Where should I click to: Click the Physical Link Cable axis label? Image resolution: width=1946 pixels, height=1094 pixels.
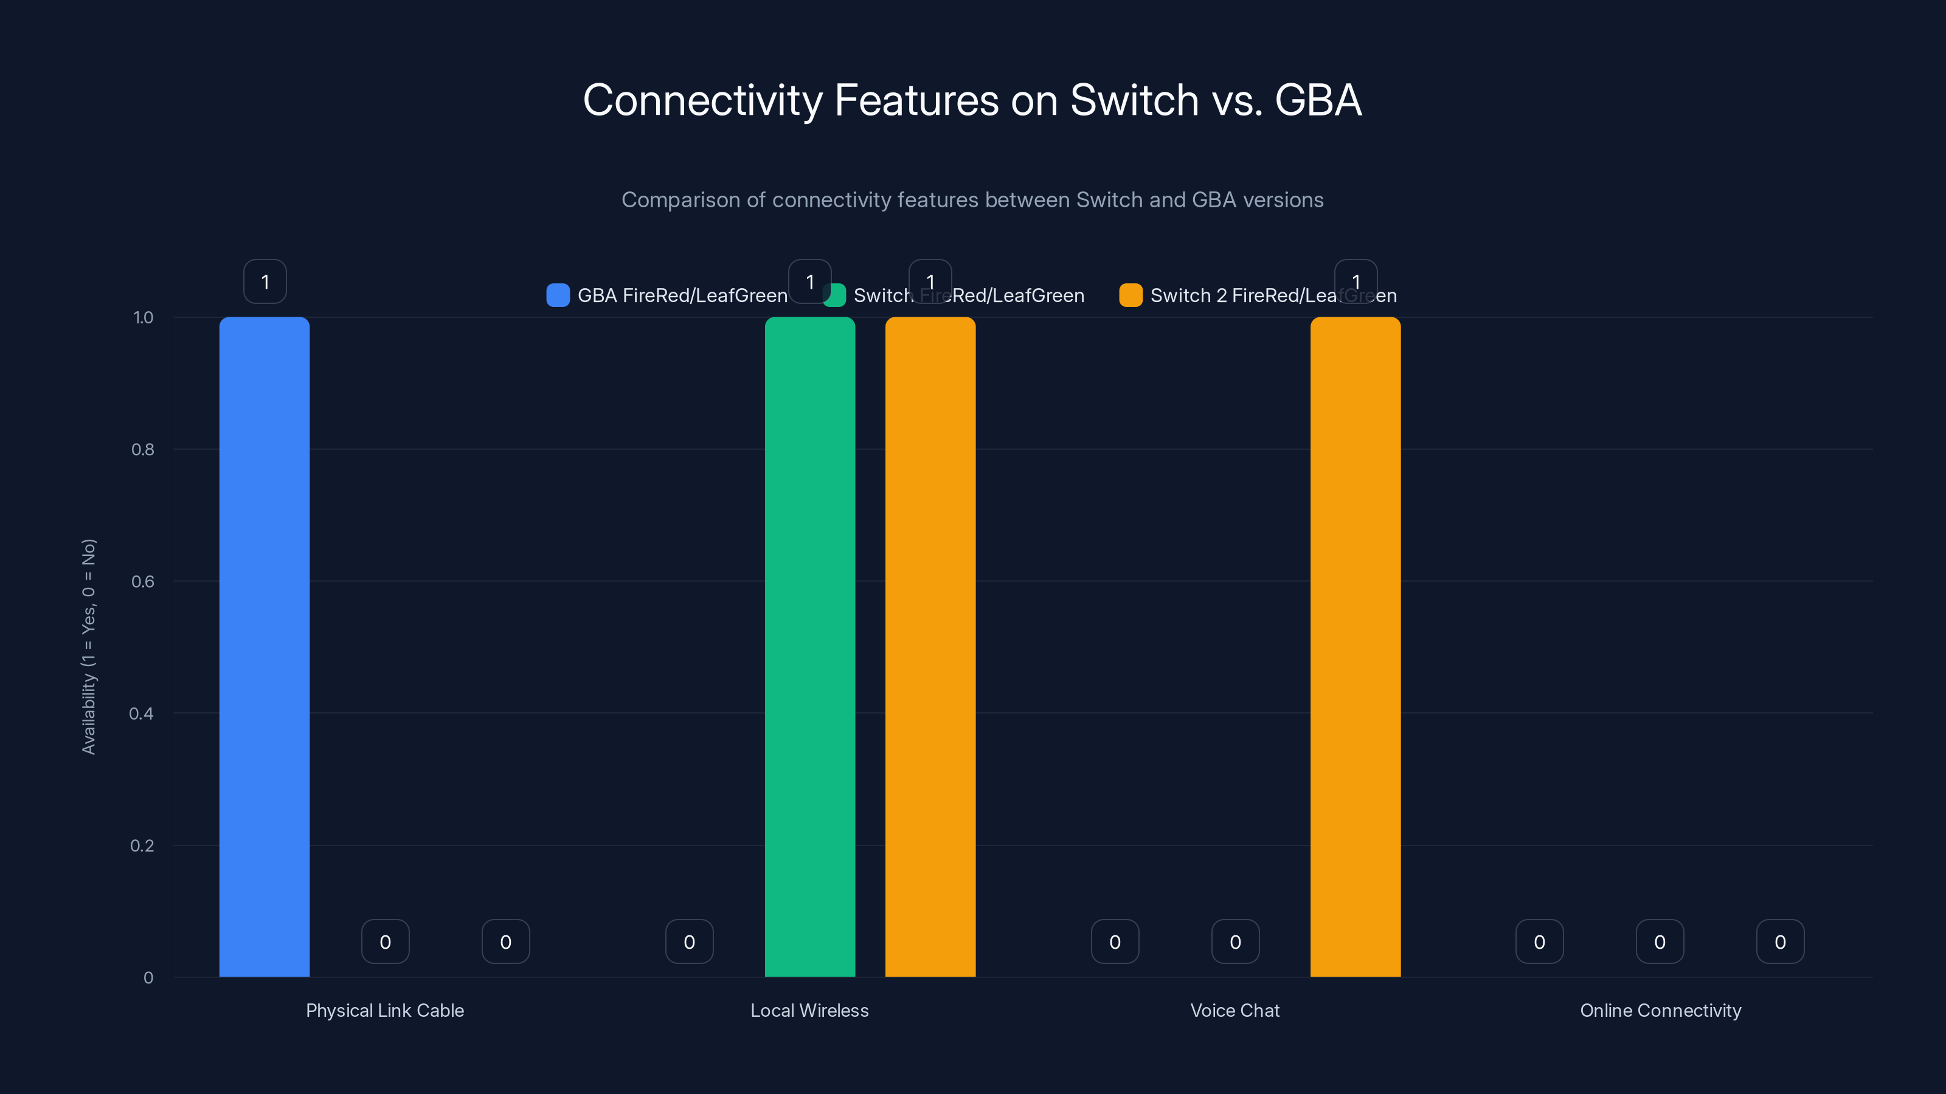click(x=384, y=1010)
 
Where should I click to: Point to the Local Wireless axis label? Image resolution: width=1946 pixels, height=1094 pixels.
click(x=809, y=1010)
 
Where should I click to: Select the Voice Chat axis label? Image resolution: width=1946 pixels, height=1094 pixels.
click(x=1234, y=1010)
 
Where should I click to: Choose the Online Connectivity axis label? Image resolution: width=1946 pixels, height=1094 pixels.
click(x=1660, y=1010)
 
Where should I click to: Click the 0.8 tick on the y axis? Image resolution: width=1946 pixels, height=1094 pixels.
click(x=143, y=450)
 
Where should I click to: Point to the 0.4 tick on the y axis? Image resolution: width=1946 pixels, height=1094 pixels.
click(x=141, y=714)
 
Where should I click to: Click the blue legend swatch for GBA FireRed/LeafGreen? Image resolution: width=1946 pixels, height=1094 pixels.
click(x=558, y=295)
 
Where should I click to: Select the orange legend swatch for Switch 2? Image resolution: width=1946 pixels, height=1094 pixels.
click(x=1130, y=295)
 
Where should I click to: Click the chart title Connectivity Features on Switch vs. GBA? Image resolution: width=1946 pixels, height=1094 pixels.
click(x=972, y=100)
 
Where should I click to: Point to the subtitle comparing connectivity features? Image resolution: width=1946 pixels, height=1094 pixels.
click(x=972, y=200)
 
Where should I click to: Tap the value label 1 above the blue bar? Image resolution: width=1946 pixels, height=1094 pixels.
click(x=265, y=281)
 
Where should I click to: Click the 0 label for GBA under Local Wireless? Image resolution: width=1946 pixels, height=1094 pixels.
click(x=689, y=941)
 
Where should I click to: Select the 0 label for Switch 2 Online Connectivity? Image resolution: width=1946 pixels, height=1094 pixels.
click(x=1780, y=941)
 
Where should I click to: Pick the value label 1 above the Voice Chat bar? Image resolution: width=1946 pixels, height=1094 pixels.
click(x=1356, y=281)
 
